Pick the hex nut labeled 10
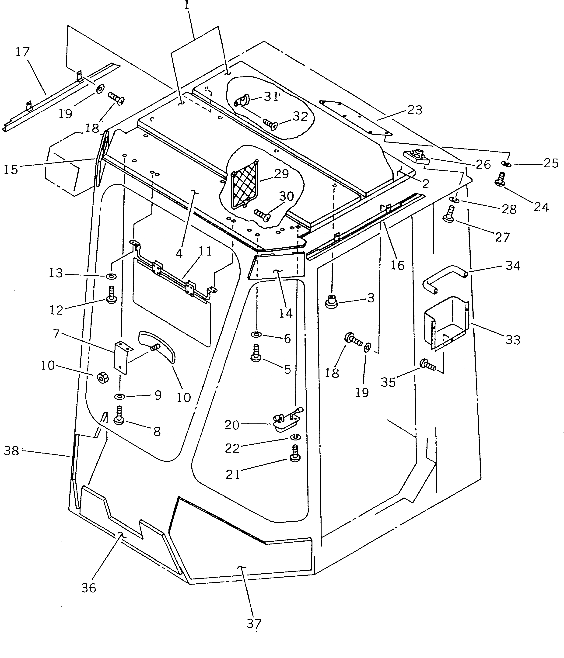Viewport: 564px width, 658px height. click(x=102, y=378)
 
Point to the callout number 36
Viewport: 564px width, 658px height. click(x=88, y=588)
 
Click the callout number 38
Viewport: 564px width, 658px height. click(x=11, y=451)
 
